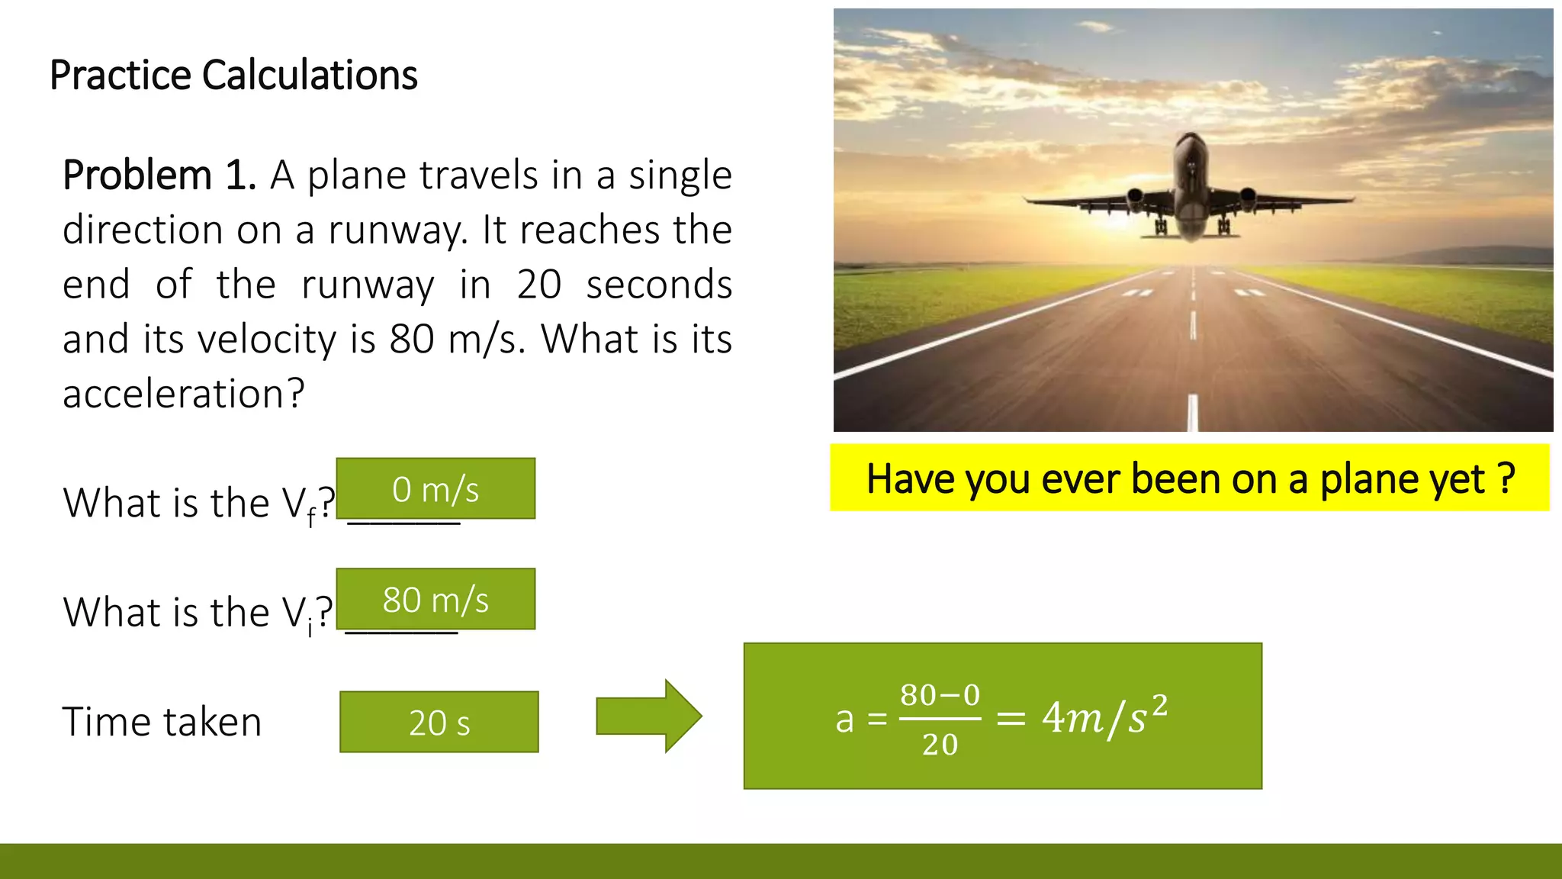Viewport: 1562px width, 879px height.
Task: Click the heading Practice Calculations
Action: [x=233, y=76]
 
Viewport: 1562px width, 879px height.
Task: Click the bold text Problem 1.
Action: [x=159, y=175]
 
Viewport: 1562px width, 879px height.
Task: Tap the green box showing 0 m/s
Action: [x=435, y=489]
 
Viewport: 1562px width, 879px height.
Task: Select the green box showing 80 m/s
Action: [x=435, y=600]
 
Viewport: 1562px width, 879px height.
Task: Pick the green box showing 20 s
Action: [x=439, y=723]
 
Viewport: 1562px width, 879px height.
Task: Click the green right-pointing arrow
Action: [x=648, y=716]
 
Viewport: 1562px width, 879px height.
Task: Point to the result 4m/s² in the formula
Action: [x=1104, y=716]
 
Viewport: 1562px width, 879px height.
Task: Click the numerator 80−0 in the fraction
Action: [x=940, y=695]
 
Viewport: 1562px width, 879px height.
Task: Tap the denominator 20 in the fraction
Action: [x=940, y=744]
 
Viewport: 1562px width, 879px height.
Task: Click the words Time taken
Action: [x=162, y=722]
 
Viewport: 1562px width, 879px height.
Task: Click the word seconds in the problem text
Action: [x=659, y=285]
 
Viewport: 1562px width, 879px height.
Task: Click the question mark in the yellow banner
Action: [x=1506, y=478]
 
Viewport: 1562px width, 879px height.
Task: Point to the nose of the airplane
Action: [x=1191, y=142]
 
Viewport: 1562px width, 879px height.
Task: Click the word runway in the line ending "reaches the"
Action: [x=397, y=230]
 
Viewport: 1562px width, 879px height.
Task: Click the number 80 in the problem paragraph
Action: [x=412, y=340]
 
